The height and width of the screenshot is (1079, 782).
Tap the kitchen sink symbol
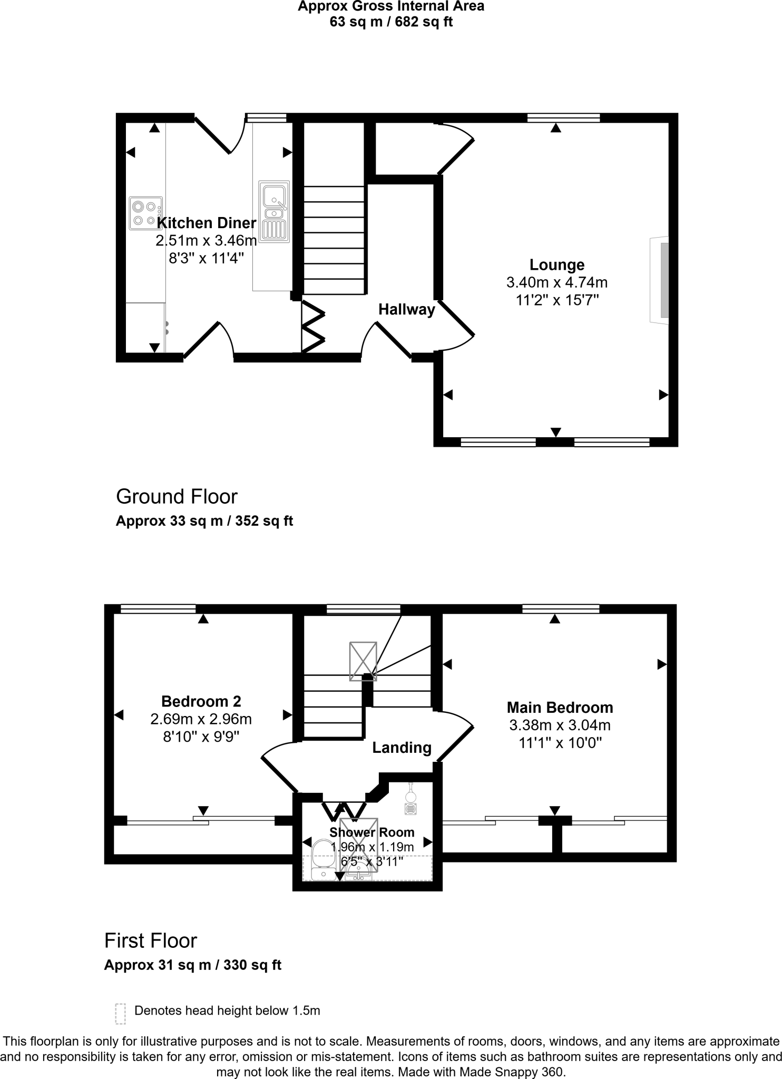pyautogui.click(x=274, y=211)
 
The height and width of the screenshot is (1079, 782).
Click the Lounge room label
pyautogui.click(x=557, y=264)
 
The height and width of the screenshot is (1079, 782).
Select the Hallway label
pyautogui.click(x=406, y=309)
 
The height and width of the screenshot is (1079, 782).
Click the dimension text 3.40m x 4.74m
pyautogui.click(x=557, y=282)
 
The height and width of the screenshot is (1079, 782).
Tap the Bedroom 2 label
pyautogui.click(x=201, y=701)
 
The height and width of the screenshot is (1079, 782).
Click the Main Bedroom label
pyautogui.click(x=560, y=707)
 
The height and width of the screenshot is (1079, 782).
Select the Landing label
pyautogui.click(x=402, y=748)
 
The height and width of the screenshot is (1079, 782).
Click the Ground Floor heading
pyautogui.click(x=177, y=496)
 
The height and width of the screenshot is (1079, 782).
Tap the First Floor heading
pyautogui.click(x=151, y=940)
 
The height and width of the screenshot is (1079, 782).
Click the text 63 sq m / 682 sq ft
pyautogui.click(x=391, y=22)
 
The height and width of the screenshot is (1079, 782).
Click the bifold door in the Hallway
pyautogui.click(x=313, y=326)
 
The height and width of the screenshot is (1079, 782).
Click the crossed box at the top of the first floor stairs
pyautogui.click(x=363, y=661)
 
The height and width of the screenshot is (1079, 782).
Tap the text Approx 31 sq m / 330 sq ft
pyautogui.click(x=193, y=965)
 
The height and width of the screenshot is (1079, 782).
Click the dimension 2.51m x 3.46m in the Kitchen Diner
pyautogui.click(x=206, y=241)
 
